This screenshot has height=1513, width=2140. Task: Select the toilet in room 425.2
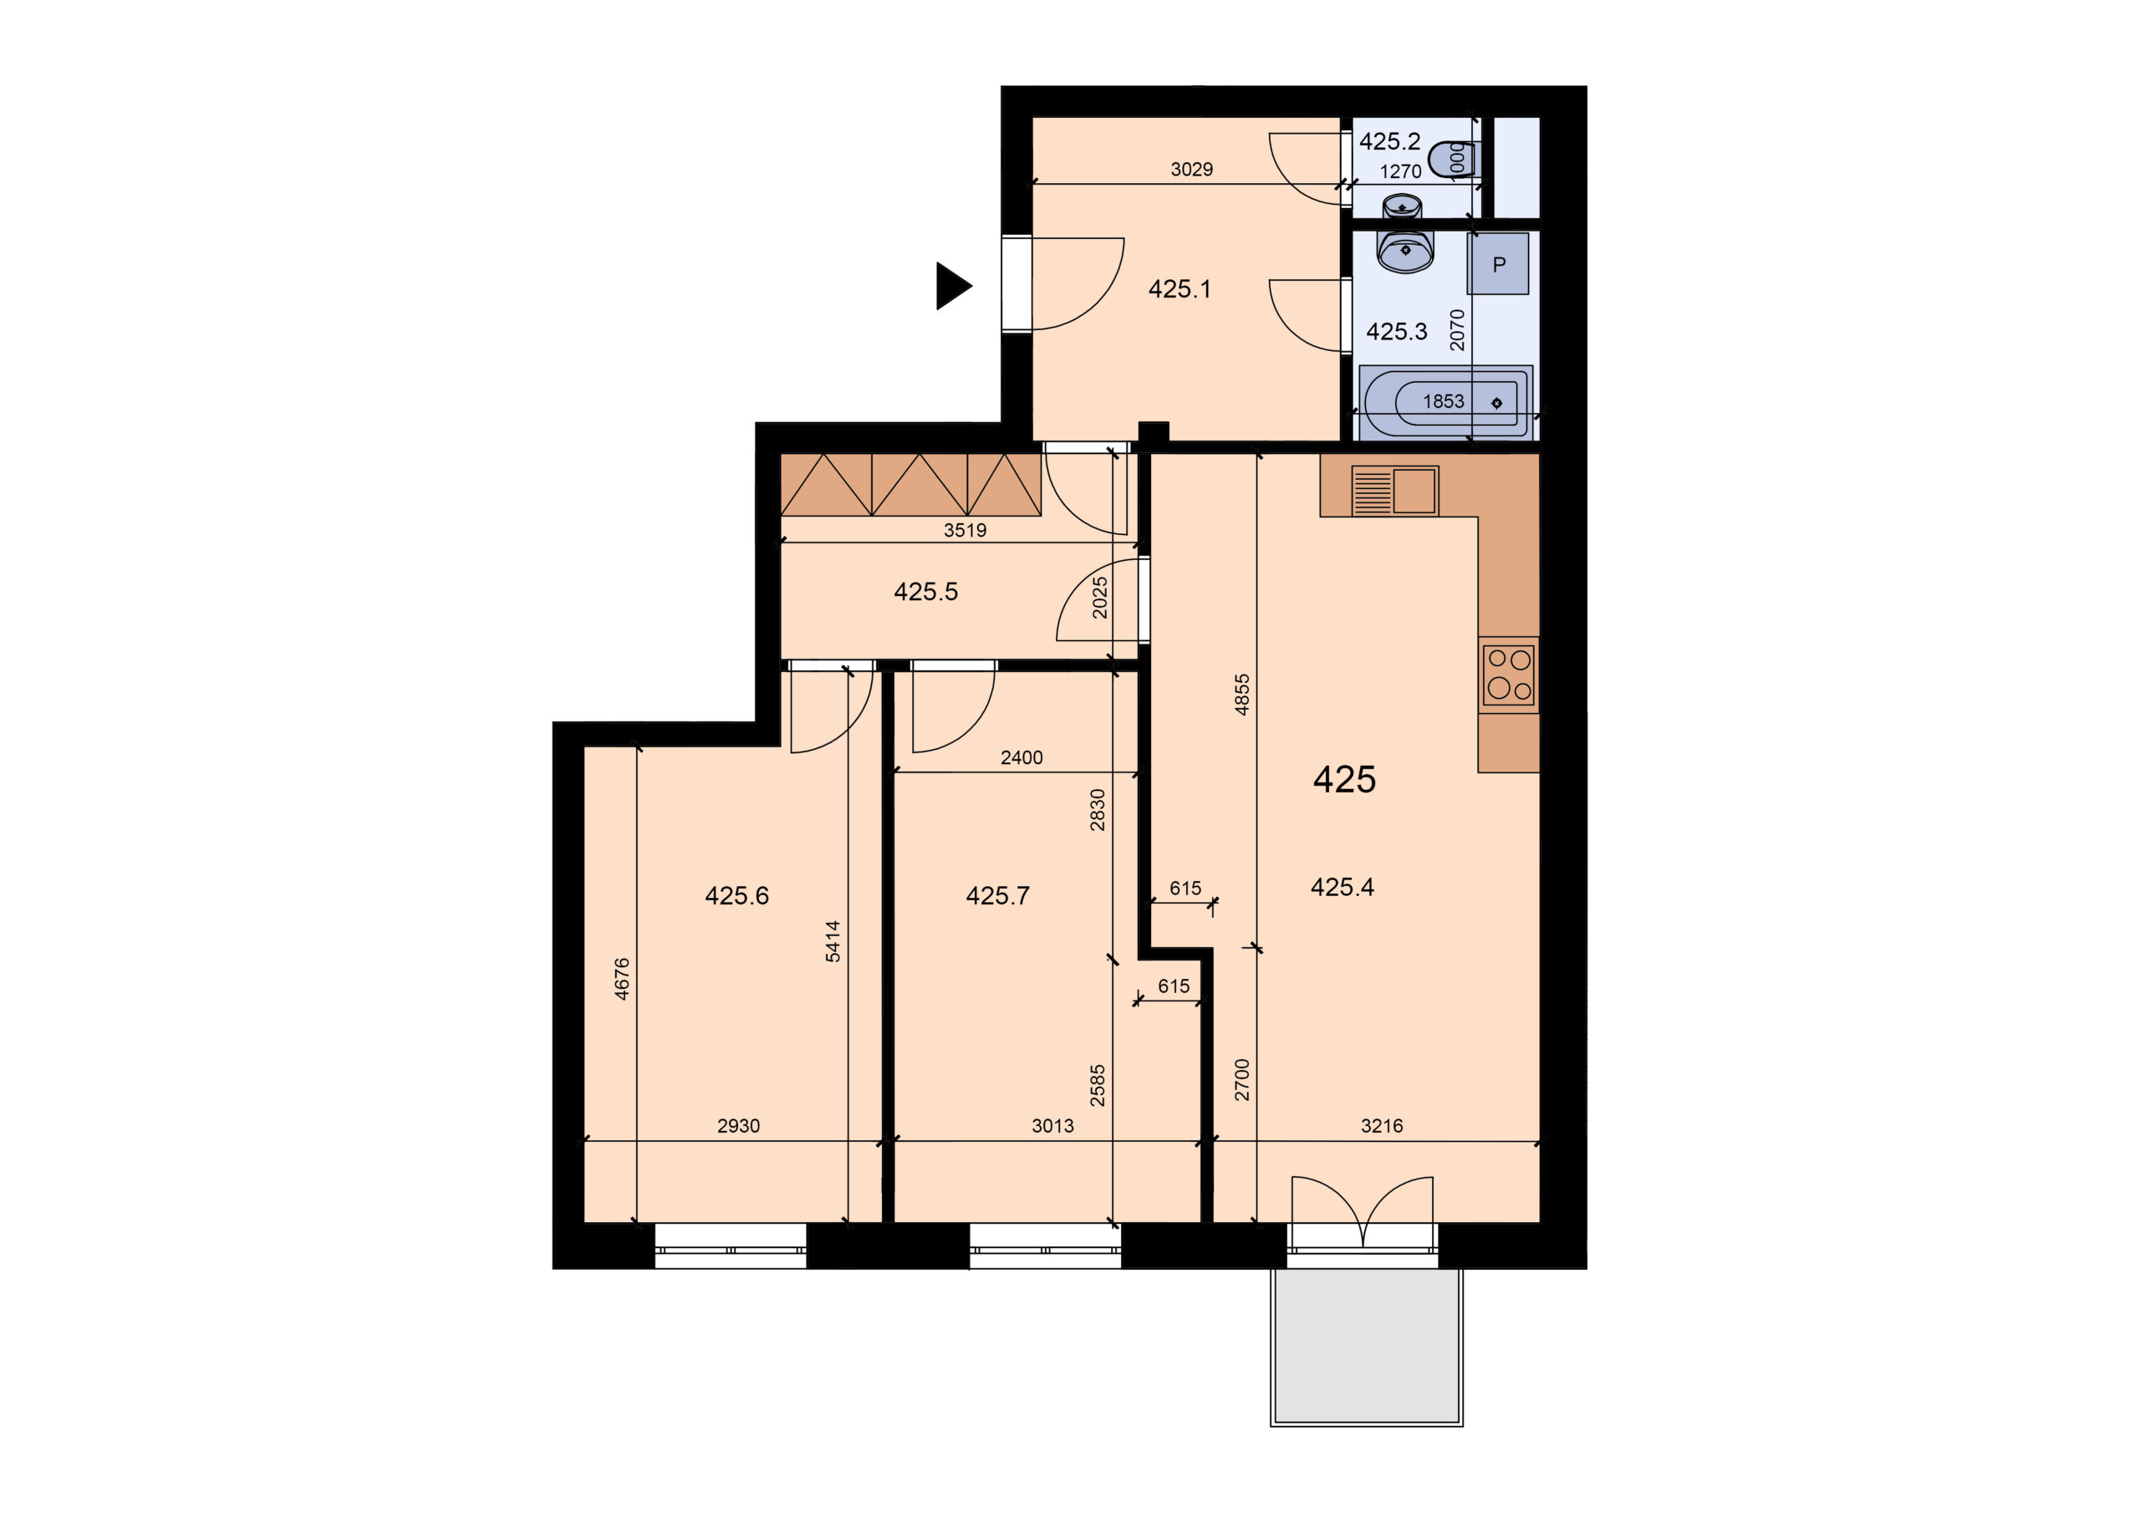[x=1452, y=159]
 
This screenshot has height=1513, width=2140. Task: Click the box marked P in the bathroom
[x=1498, y=264]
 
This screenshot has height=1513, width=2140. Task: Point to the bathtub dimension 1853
[x=1443, y=401]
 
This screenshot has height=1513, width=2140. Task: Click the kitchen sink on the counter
[x=1394, y=491]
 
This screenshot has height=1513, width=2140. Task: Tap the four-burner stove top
[x=1508, y=675]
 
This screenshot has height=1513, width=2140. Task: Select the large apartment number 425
[x=1344, y=779]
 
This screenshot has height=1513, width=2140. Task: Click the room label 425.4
[x=1343, y=887]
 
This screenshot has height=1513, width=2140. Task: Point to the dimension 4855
[x=1241, y=695]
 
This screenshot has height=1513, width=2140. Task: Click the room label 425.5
[x=925, y=591]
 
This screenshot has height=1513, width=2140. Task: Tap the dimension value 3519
[x=965, y=531]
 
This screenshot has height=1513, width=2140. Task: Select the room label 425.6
[x=736, y=896]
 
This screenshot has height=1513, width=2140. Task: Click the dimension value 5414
[x=833, y=940]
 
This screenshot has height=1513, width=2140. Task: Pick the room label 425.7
[x=997, y=896]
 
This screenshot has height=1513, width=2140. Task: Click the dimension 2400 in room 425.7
[x=1022, y=758]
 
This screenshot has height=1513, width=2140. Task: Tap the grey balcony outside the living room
[x=1367, y=1347]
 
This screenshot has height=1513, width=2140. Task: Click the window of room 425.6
[x=730, y=1246]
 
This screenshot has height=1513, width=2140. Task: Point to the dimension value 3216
[x=1381, y=1126]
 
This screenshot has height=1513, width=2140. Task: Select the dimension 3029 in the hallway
[x=1191, y=169]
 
